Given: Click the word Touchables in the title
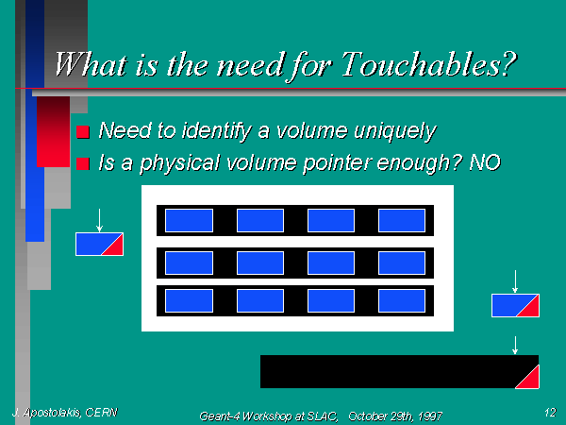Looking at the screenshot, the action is (429, 64).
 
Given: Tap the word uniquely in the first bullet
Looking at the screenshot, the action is (395, 131).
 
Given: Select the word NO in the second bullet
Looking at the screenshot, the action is (485, 162).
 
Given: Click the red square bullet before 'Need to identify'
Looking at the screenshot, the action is (83, 132).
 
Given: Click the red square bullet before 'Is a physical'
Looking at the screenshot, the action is (83, 163).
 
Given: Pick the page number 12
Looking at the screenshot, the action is (551, 413).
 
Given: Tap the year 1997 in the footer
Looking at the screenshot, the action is (430, 416).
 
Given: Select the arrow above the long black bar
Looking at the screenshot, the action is (515, 345).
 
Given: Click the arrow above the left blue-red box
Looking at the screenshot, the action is (99, 220).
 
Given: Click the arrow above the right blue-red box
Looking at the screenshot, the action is (515, 281).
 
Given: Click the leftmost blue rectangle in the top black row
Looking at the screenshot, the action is (190, 220).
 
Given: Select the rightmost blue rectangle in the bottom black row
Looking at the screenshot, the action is (402, 300).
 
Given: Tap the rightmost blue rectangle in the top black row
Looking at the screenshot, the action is (402, 220).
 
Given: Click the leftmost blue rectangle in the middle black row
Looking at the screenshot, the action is (190, 263).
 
